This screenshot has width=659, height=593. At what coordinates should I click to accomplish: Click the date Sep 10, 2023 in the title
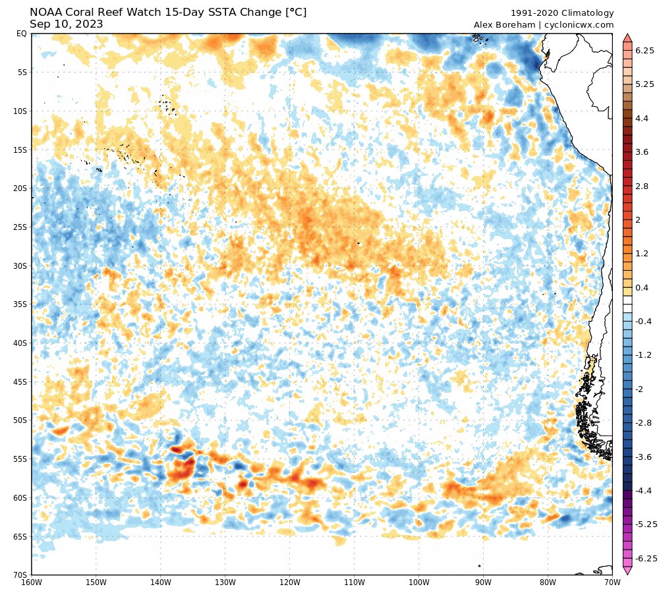pos(66,24)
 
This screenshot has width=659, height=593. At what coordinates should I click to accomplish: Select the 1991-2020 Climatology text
pos(562,13)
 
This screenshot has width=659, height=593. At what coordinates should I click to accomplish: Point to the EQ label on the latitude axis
pos(21,34)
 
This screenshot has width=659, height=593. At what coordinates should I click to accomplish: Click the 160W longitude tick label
pos(32,582)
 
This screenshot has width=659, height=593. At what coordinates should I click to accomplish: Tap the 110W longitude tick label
pos(355,582)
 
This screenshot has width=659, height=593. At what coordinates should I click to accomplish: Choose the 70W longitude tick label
pos(612,582)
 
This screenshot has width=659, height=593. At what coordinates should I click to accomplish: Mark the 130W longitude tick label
pos(225,582)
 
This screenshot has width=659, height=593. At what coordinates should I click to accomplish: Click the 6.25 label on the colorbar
pos(644,50)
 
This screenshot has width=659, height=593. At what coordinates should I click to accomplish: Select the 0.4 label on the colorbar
pos(642,287)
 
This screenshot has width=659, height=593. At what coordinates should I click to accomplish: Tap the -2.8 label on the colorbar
pos(643,422)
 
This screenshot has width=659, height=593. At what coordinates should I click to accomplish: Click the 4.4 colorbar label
pos(642,118)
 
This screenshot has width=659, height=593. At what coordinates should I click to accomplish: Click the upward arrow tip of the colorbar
pos(627,36)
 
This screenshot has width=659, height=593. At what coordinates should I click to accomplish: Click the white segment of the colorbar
pos(627,304)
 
